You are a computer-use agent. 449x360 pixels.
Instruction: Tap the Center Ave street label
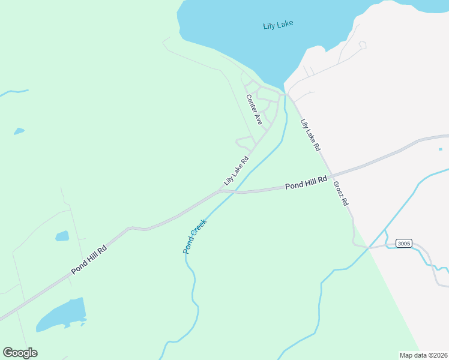pyautogui.click(x=254, y=109)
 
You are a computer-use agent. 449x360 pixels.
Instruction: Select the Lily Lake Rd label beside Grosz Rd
pyautogui.click(x=310, y=134)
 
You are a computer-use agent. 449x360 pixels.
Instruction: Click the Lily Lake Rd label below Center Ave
pyautogui.click(x=236, y=171)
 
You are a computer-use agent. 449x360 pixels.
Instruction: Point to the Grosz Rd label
pyautogui.click(x=340, y=193)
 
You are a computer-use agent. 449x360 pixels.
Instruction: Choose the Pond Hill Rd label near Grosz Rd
pyautogui.click(x=306, y=182)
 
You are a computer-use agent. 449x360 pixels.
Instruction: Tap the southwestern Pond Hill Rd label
pyautogui.click(x=89, y=259)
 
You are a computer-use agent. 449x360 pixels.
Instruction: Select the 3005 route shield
pyautogui.click(x=403, y=243)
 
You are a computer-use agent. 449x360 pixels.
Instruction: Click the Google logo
pyautogui.click(x=20, y=353)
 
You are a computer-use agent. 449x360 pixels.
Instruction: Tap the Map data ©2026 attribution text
pyautogui.click(x=423, y=355)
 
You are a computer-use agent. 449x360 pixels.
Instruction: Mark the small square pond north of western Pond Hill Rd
pyautogui.click(x=62, y=236)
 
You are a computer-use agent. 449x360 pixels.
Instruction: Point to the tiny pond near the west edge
pyautogui.click(x=19, y=131)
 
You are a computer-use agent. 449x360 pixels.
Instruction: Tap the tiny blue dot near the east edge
pyautogui.click(x=440, y=149)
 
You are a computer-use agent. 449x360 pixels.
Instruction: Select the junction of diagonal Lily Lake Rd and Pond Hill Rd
pyautogui.click(x=221, y=190)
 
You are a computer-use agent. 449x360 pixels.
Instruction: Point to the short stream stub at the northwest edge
pyautogui.click(x=13, y=92)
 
